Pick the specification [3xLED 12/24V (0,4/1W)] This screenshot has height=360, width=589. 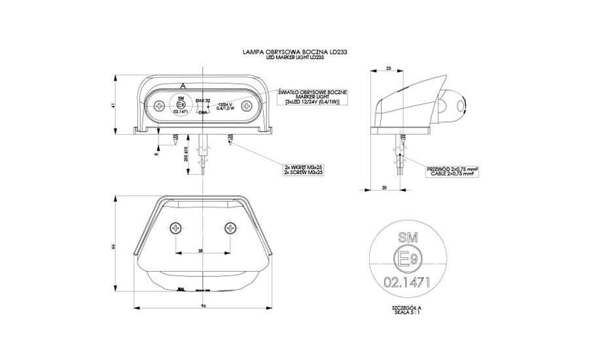tap(313, 102)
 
